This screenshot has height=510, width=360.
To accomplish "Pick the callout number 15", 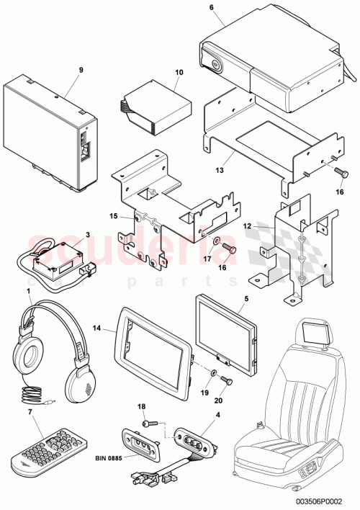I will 113,215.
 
